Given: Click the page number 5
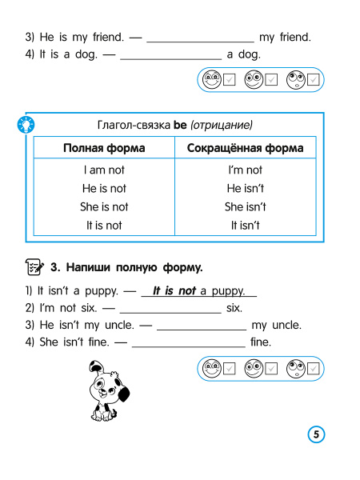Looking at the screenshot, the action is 316,434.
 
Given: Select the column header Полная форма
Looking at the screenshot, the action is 104,148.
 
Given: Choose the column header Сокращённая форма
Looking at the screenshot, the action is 245,148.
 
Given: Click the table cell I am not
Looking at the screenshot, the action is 104,170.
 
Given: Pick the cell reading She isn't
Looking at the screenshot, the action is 245,206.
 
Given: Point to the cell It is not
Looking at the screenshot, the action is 104,225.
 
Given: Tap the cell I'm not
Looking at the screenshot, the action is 245,170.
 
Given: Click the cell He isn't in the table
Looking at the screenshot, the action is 245,188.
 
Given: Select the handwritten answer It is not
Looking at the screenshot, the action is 174,291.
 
